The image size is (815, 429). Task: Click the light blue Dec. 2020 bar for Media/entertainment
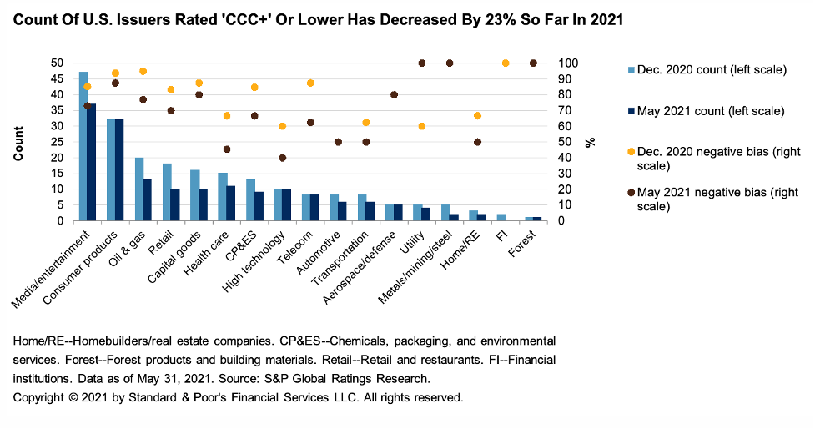pyautogui.click(x=83, y=147)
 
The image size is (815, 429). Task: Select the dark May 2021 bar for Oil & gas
pyautogui.click(x=148, y=200)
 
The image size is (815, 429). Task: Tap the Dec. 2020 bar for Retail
pyautogui.click(x=167, y=193)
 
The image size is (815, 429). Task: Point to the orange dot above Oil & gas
pyautogui.click(x=143, y=71)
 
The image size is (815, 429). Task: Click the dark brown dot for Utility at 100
pyautogui.click(x=422, y=63)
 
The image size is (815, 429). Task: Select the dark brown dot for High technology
pyautogui.click(x=282, y=158)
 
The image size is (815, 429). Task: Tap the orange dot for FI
pyautogui.click(x=506, y=63)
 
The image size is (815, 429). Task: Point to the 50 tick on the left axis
pyautogui.click(x=58, y=63)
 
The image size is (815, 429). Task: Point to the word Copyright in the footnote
pyautogui.click(x=40, y=396)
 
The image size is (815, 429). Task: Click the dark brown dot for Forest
pyautogui.click(x=534, y=63)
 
